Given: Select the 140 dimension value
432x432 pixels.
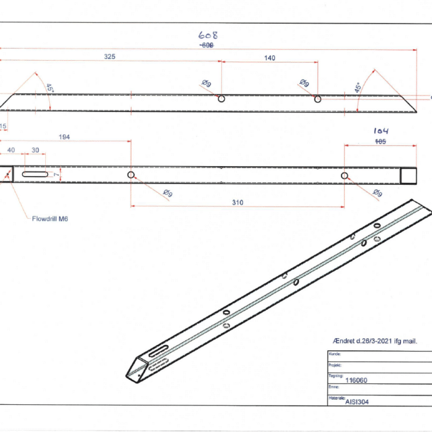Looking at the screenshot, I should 269,58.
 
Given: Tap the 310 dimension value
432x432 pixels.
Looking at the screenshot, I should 237,202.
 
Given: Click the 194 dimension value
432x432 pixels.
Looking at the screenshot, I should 65,137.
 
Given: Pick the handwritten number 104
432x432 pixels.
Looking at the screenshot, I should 381,132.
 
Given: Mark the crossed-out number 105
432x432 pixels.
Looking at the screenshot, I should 380,142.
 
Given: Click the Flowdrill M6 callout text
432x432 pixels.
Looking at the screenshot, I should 49,219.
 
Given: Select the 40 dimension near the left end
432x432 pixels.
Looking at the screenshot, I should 11,150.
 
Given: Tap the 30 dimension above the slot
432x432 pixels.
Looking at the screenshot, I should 35,150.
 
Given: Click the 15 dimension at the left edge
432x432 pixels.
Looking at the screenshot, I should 3,126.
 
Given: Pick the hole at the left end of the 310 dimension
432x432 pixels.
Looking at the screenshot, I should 131,175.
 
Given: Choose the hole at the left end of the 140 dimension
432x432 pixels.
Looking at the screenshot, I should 221,98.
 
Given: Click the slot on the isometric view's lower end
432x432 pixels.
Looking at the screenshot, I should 156,352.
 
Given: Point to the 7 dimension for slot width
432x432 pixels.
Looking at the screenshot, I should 57,175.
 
